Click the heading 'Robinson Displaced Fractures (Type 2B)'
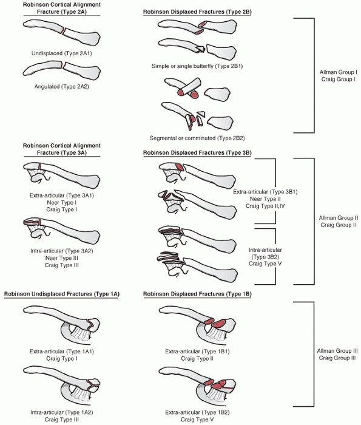coord(197,12)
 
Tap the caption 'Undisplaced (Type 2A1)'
coord(62,53)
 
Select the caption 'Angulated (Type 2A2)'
coord(62,87)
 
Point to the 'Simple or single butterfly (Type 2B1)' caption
coord(197,66)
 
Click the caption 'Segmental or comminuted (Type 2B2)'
coord(197,138)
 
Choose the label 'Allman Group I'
coord(339,72)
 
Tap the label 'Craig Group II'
coord(339,225)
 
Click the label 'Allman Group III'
coord(337,351)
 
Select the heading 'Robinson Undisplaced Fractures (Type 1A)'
coord(62,294)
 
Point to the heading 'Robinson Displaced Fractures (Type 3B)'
coord(197,153)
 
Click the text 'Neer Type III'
coord(62,258)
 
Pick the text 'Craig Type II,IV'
coord(265,206)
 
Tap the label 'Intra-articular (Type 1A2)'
coord(62,412)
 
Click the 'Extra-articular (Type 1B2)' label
coord(197,412)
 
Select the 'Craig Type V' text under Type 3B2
coord(265,263)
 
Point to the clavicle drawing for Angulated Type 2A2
coord(62,69)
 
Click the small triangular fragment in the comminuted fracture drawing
coord(201,114)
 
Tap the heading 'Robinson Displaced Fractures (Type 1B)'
coord(197,294)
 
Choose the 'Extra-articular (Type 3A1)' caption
coord(62,195)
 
